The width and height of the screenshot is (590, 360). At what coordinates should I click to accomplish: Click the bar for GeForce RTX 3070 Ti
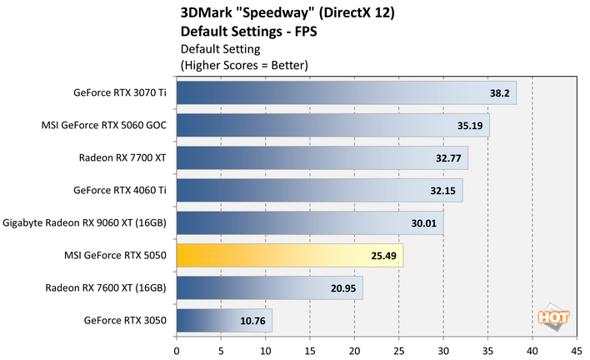pos(346,93)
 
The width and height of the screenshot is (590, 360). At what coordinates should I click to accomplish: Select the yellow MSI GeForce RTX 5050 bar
pos(290,256)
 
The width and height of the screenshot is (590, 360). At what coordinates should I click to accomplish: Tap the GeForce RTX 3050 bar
pos(224,321)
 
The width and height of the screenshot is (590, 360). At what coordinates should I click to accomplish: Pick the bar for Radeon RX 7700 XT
pos(322,158)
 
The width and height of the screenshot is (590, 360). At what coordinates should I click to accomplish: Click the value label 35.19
pos(467,126)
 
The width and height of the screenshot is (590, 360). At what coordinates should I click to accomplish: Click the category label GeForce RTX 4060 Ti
pos(120,191)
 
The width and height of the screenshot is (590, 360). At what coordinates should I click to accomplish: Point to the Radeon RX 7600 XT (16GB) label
pos(107,288)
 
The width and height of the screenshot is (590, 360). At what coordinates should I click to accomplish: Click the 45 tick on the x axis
pos(577,350)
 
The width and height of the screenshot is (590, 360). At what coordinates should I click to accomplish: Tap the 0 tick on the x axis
pos(177,350)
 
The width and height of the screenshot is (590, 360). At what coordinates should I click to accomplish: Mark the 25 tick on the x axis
pos(399,350)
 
